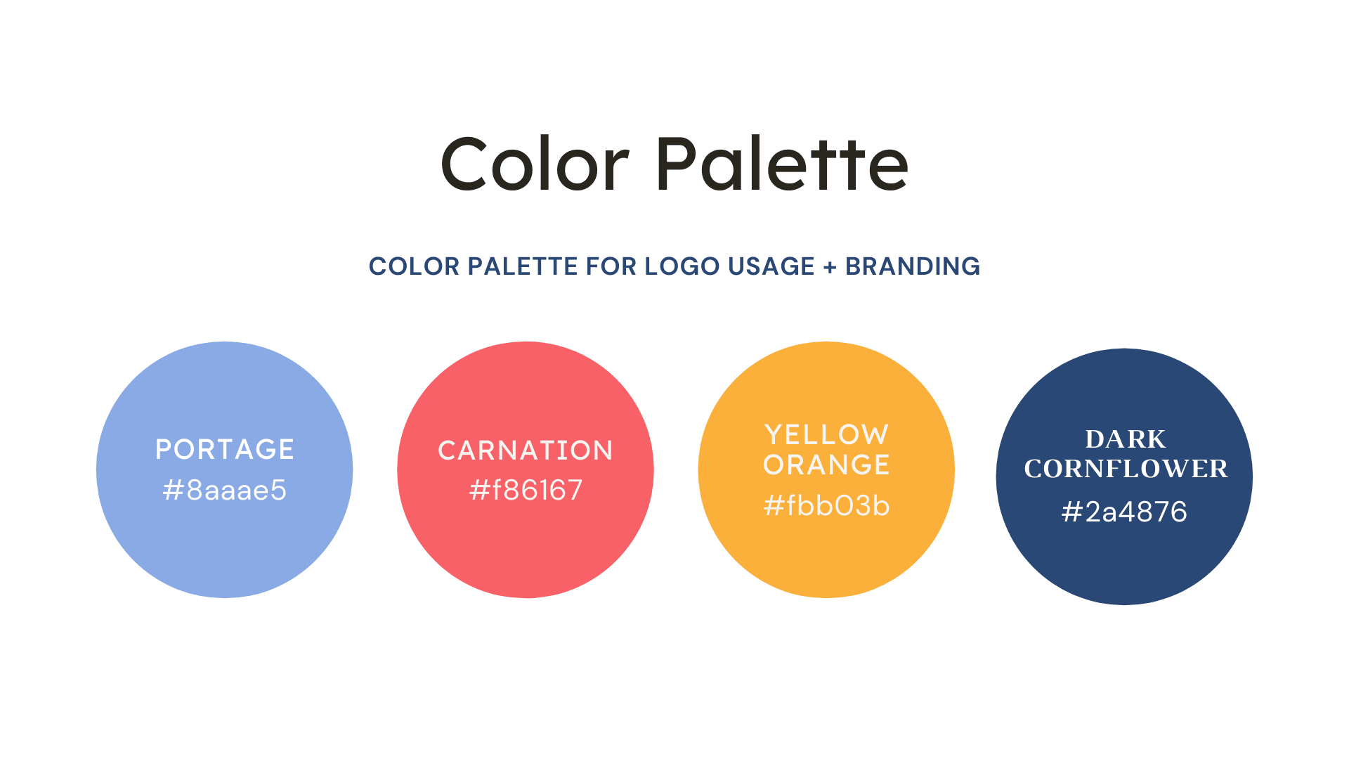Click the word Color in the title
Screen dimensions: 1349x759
coord(535,164)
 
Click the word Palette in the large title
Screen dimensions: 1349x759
coord(783,164)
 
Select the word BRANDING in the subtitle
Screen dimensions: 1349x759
coord(913,266)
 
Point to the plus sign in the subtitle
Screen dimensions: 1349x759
coord(830,267)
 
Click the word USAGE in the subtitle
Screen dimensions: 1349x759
coord(771,266)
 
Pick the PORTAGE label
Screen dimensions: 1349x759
coord(225,450)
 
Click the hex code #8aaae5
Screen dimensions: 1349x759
coord(225,491)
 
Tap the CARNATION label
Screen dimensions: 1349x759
coord(526,450)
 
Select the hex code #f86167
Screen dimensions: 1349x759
coord(526,491)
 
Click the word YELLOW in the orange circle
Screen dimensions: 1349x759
coord(826,435)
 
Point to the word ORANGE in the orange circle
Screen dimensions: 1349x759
coord(826,465)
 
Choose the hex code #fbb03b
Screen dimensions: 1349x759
coord(826,506)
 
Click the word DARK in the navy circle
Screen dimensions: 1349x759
coord(1126,439)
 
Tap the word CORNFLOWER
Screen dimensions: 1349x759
coord(1126,469)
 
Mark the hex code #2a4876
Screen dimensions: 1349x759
coord(1124,512)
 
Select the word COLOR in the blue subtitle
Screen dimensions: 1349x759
coord(415,266)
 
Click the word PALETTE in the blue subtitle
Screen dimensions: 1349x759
coord(523,266)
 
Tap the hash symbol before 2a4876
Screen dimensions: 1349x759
coord(1071,512)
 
